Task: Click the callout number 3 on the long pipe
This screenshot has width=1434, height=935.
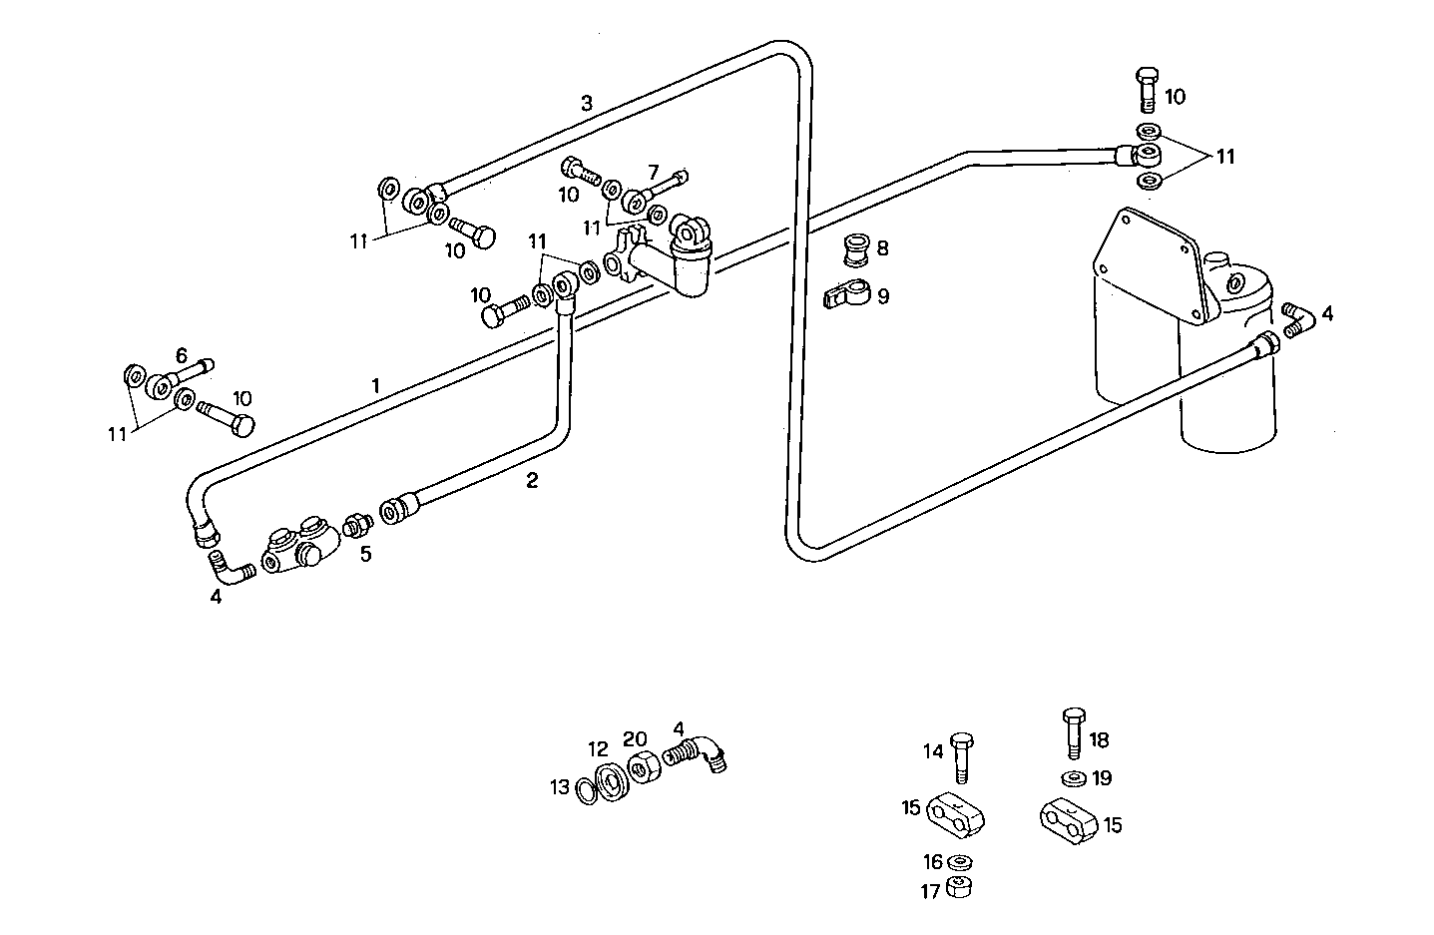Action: (587, 103)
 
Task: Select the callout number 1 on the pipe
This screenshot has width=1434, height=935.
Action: (375, 385)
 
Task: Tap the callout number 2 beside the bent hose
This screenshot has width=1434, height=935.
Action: (532, 481)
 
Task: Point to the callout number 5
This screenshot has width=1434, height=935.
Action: (366, 554)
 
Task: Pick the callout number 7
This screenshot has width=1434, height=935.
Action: (654, 172)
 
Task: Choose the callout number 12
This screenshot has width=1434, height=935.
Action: (597, 749)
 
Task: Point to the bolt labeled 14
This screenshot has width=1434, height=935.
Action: (963, 755)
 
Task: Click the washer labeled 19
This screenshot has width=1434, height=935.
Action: (1074, 777)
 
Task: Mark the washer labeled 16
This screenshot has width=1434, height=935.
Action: (958, 862)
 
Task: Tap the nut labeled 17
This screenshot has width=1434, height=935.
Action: (961, 887)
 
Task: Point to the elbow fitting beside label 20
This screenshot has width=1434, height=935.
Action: (699, 750)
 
